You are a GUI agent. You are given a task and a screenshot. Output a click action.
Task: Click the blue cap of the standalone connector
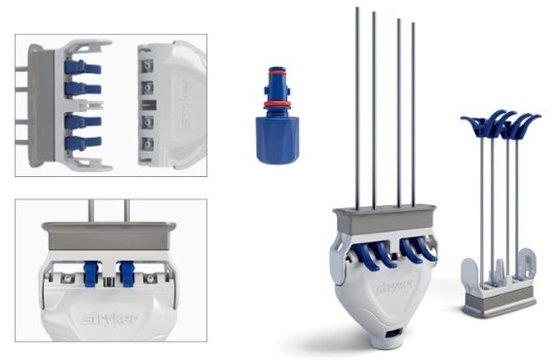pyautogui.click(x=277, y=140)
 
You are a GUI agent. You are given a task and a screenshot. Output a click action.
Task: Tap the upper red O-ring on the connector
pyautogui.click(x=277, y=72)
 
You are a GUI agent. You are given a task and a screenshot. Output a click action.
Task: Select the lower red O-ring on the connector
pyautogui.click(x=277, y=104)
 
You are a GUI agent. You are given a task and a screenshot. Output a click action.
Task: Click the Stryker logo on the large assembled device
pyautogui.click(x=394, y=285)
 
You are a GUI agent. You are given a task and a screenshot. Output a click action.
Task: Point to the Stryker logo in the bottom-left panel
pyautogui.click(x=109, y=319)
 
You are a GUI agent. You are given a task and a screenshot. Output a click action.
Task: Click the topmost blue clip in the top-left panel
pyautogui.click(x=83, y=67)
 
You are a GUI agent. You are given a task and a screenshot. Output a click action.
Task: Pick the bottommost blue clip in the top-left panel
pyautogui.click(x=83, y=143)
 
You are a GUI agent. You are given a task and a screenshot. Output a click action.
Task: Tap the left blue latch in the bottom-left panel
pyautogui.click(x=91, y=273)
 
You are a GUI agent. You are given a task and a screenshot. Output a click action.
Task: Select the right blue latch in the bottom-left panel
pyautogui.click(x=127, y=273)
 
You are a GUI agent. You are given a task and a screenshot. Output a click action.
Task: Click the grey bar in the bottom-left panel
pyautogui.click(x=109, y=235)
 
